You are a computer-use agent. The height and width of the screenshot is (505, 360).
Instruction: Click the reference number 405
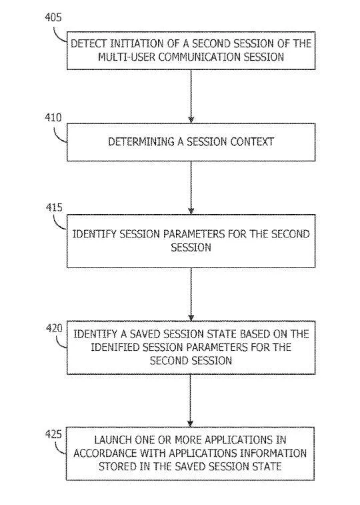[53, 17]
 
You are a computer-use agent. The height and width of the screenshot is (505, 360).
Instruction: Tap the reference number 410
[53, 117]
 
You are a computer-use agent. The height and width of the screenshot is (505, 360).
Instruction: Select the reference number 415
[54, 207]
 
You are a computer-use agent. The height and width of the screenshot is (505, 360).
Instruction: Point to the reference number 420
[54, 328]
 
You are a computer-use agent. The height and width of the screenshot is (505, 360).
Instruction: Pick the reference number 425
[53, 434]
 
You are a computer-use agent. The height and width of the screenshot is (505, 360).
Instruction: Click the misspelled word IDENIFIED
[115, 347]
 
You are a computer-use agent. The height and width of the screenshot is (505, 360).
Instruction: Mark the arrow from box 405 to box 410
[191, 96]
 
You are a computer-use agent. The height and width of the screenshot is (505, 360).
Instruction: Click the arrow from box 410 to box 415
[191, 187]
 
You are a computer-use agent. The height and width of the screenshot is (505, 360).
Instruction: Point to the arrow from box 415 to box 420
[191, 294]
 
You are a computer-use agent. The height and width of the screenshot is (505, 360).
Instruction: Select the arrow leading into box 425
[191, 400]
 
